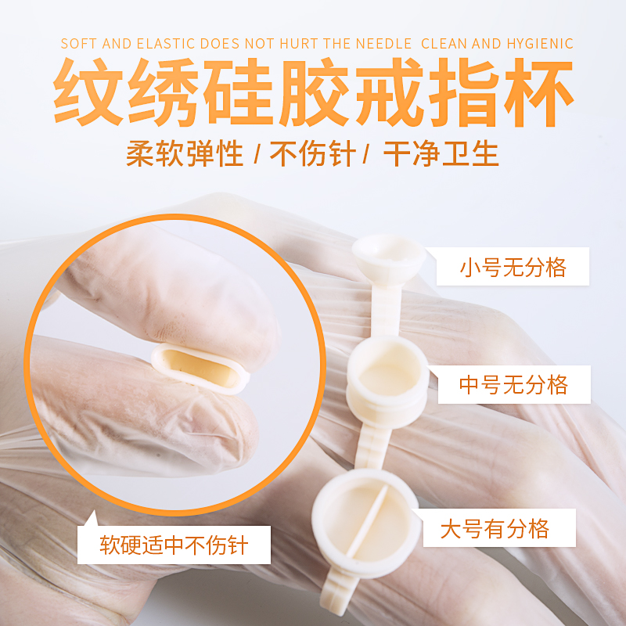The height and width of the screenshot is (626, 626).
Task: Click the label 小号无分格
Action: (x=513, y=268)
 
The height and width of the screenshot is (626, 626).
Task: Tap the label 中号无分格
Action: (x=514, y=384)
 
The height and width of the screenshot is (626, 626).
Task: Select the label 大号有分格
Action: (x=495, y=528)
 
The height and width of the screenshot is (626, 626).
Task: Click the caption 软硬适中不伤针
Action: (x=174, y=544)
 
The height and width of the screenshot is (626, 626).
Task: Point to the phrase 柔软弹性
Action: (x=185, y=154)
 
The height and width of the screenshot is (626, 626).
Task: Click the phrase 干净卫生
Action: (x=441, y=154)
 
